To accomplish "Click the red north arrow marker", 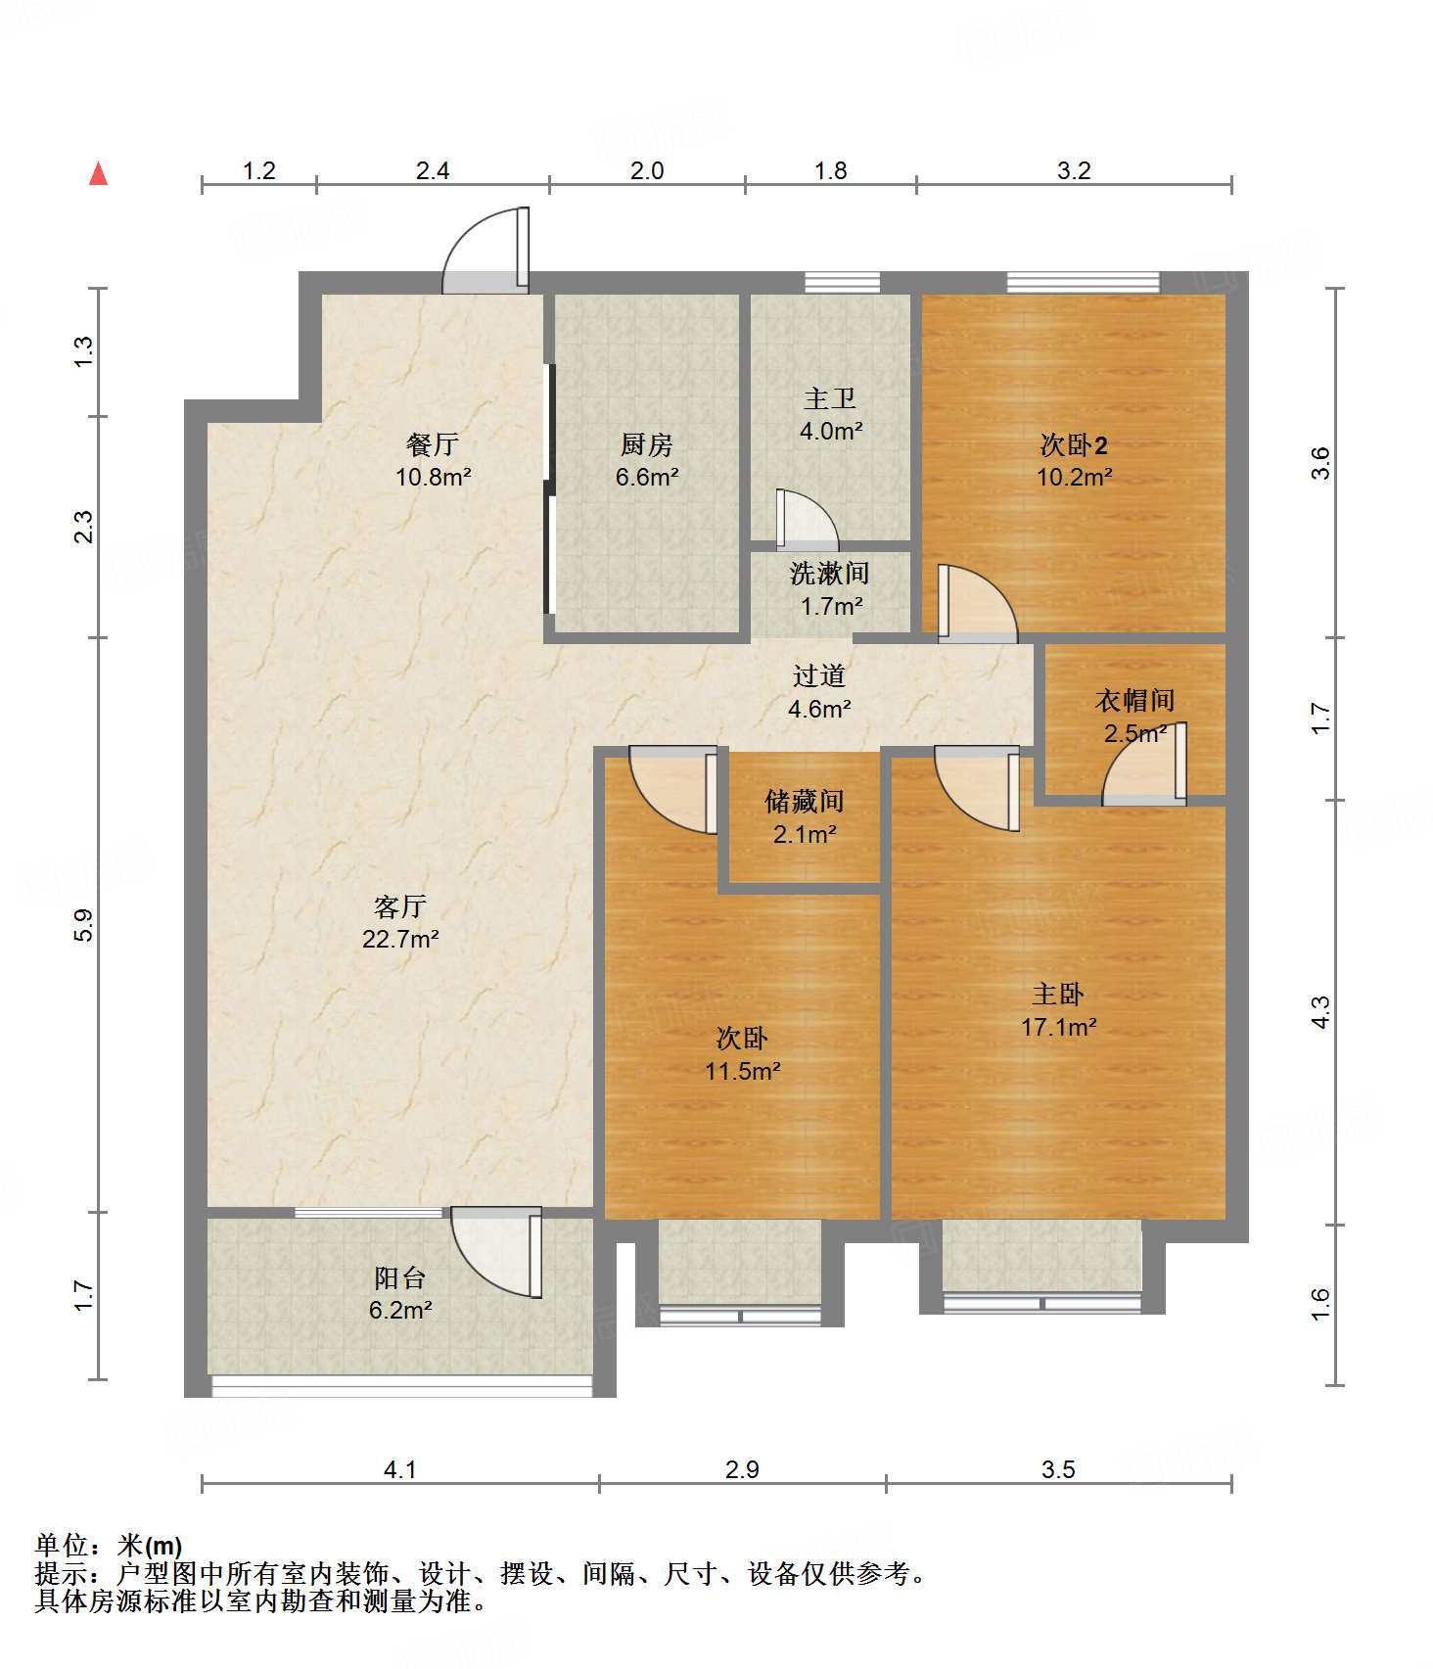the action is pos(98,173).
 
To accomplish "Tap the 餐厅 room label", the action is pos(433,444).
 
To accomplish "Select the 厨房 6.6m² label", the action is pos(647,461).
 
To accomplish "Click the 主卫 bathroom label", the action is pos(830,398).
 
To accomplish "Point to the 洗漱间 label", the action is pos(830,573).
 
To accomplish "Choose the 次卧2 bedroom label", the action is pos(1074,445).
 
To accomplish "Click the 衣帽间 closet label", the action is pos(1135,700).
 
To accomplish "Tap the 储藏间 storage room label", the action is pos(805,802).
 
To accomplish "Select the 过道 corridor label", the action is pos(819,675).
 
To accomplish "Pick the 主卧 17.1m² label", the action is pos(1058,1010).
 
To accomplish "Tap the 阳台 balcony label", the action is pos(400,1277).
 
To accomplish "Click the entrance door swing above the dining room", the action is pos(486,251).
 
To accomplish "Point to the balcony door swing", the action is pos(497,1251).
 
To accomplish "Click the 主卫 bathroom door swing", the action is pos(807,519).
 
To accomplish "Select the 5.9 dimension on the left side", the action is pos(84,925).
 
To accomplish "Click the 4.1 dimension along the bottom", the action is pos(400,1469).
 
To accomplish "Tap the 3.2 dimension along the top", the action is pos(1074,170).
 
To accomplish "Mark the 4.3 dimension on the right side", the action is pos(1320,1012).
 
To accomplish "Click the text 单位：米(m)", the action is pos(109,1546).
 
